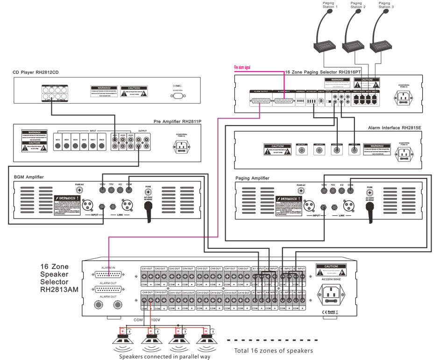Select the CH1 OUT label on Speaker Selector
click(147, 268)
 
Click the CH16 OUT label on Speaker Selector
click(244, 292)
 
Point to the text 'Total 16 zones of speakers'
click(273, 350)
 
